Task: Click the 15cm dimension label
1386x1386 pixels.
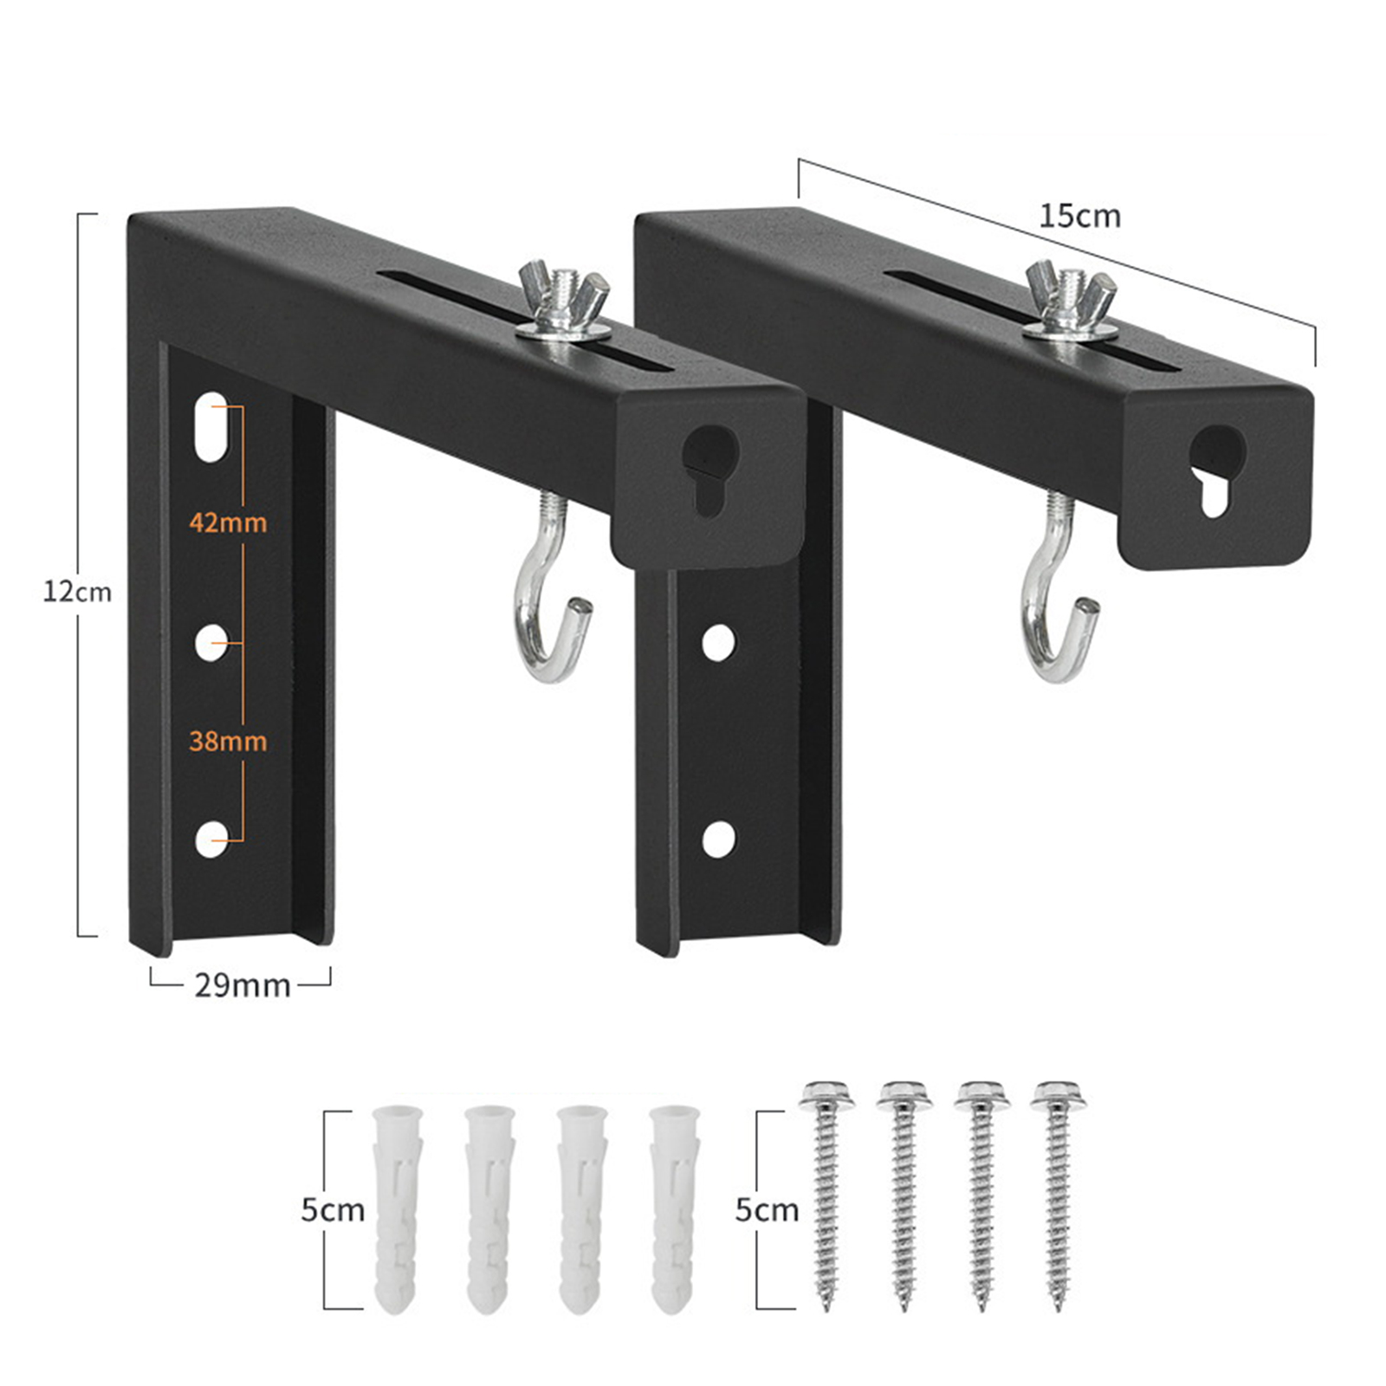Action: point(1079,216)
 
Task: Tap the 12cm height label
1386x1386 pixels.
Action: point(78,592)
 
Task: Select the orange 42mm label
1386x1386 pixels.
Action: point(228,522)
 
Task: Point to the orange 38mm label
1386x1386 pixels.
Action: point(228,741)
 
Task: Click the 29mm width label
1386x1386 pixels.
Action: point(242,985)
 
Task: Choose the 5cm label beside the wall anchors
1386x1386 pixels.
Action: point(333,1209)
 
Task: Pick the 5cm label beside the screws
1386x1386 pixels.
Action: point(767,1209)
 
